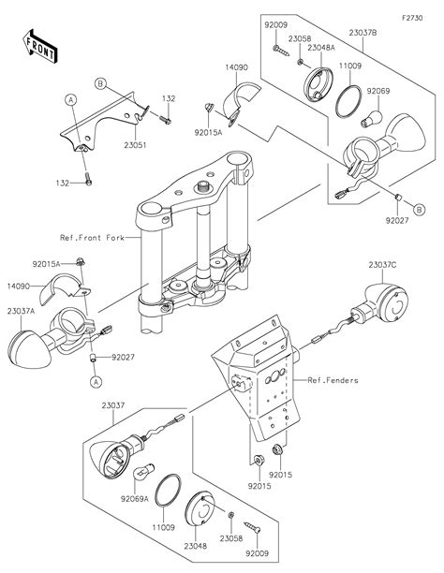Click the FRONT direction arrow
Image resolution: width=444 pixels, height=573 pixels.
[x=39, y=47]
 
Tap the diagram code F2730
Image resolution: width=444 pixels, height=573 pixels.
[x=412, y=18]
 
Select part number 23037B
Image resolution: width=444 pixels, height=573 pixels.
[x=363, y=33]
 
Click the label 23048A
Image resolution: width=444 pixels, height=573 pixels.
[x=320, y=48]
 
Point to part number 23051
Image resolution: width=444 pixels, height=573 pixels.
[x=135, y=145]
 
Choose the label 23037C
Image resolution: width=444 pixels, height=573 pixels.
[x=382, y=265]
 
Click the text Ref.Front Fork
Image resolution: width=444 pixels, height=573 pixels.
[x=92, y=238]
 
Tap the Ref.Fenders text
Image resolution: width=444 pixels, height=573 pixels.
[x=333, y=380]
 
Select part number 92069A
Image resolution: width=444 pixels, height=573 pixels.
[x=135, y=498]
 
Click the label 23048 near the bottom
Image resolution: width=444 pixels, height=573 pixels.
[x=195, y=546]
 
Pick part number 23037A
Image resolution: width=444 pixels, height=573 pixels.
[x=21, y=312]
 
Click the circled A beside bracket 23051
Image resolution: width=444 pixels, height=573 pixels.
[x=71, y=99]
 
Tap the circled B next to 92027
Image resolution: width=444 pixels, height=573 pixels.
[x=420, y=210]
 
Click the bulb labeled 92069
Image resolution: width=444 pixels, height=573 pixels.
[x=371, y=119]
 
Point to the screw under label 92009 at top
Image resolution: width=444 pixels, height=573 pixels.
[x=281, y=51]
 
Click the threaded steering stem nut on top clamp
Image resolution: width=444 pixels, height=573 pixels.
[x=203, y=186]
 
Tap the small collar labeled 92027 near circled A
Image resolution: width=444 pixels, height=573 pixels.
[x=94, y=358]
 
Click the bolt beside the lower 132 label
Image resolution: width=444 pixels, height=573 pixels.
[x=88, y=179]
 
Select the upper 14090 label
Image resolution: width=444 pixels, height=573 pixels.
[x=236, y=67]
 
